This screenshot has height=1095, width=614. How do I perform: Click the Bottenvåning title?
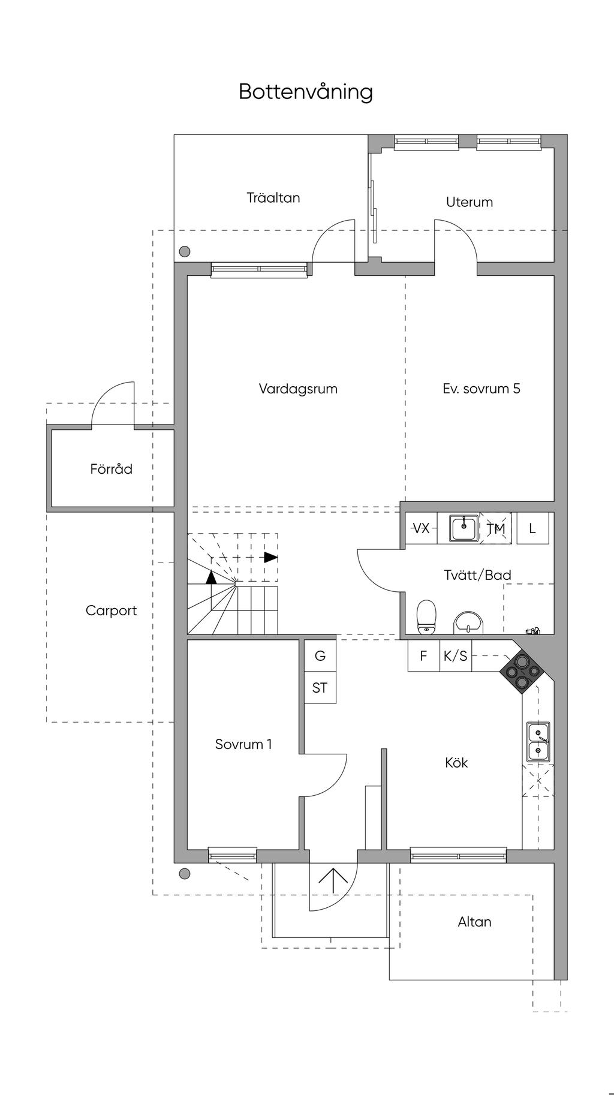(x=306, y=92)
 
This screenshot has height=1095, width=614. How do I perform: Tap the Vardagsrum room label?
(x=298, y=389)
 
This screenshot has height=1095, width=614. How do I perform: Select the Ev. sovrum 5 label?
(x=481, y=389)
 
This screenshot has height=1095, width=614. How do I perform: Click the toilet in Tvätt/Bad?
(x=426, y=616)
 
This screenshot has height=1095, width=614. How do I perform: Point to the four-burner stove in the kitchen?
(x=519, y=672)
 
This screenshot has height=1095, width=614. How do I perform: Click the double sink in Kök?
(x=538, y=742)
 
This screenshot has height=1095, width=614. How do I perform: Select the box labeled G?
(x=320, y=656)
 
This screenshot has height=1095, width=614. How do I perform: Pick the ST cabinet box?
(x=320, y=688)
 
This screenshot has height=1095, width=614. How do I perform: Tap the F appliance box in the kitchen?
(x=423, y=656)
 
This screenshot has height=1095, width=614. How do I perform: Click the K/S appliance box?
(x=455, y=656)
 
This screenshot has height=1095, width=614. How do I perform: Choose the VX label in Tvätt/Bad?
(x=422, y=528)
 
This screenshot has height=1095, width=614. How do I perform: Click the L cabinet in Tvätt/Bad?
(x=532, y=528)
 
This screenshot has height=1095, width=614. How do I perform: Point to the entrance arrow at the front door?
(x=333, y=881)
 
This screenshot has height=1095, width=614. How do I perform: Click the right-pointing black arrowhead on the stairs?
(x=271, y=557)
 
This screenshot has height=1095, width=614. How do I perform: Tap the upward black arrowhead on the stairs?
(x=211, y=577)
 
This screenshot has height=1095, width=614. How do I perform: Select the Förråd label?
(x=111, y=469)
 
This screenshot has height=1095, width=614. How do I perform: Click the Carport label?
(x=111, y=610)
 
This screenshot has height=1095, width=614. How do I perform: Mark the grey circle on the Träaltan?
(x=185, y=252)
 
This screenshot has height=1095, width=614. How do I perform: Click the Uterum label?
(x=469, y=202)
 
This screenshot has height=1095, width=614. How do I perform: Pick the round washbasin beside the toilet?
(x=468, y=622)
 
